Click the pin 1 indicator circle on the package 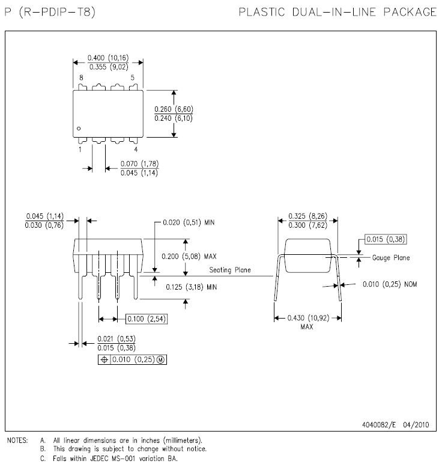[79, 128]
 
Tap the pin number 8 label [81, 78]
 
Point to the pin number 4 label [135, 149]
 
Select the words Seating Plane [230, 270]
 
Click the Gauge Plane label [391, 257]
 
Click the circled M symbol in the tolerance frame [161, 359]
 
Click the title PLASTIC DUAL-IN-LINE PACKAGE [338, 12]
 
